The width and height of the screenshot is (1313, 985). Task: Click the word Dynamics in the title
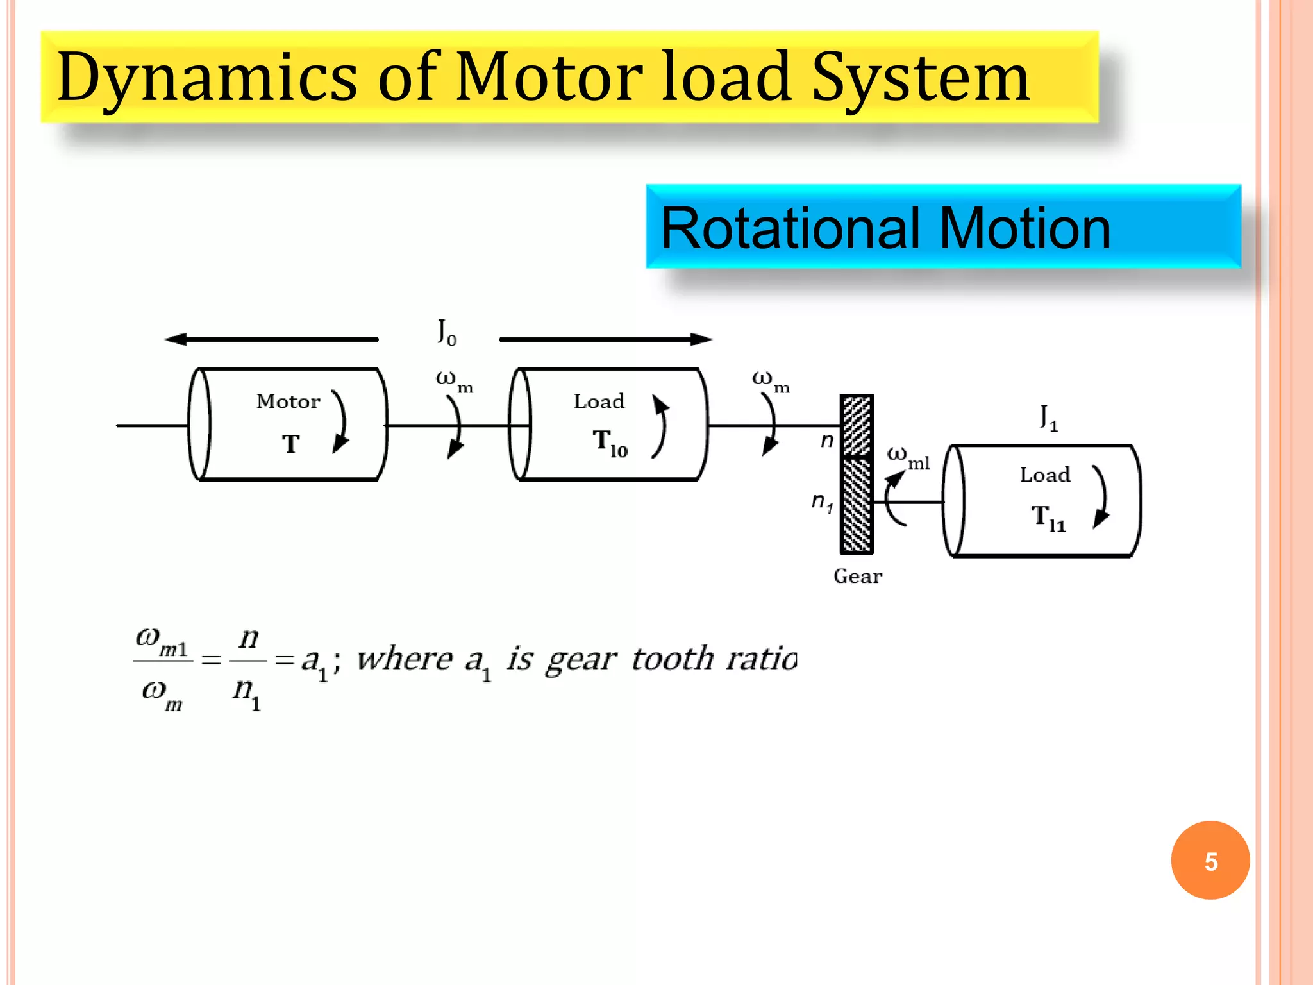pos(206,78)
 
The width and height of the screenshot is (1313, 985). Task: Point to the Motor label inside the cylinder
pos(288,402)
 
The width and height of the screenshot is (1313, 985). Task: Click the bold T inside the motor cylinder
pos(290,444)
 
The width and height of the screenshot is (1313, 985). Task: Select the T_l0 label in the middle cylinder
pos(609,443)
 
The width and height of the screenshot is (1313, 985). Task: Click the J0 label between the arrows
pos(447,332)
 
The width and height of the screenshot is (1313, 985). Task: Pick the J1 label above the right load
pos(1049,417)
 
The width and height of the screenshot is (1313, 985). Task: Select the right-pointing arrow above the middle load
pos(605,339)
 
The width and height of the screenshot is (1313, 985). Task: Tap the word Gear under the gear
pos(858,577)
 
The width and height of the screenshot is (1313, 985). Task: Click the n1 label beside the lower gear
pos(821,502)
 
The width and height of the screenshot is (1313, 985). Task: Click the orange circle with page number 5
pos(1210,861)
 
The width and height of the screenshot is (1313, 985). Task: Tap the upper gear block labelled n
pos(857,426)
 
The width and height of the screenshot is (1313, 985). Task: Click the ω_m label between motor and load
pos(454,381)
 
